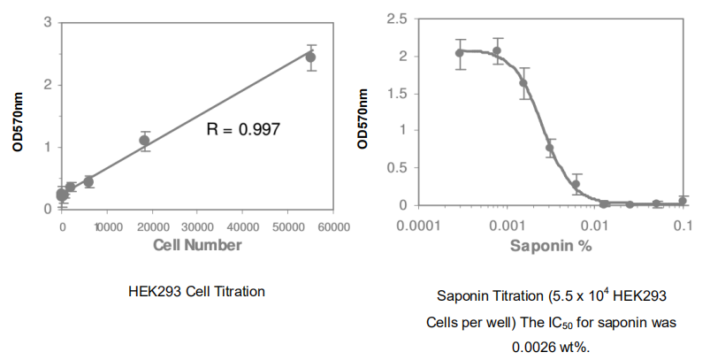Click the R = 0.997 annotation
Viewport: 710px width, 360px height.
[x=243, y=129]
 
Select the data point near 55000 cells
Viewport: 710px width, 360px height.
[x=310, y=57]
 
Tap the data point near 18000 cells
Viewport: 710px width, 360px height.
[x=144, y=140]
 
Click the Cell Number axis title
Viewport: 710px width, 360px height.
[x=197, y=245]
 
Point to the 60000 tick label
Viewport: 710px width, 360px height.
[x=333, y=227]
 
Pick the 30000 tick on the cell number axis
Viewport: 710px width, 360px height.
[x=197, y=227]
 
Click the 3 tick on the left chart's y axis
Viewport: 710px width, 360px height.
[x=46, y=21]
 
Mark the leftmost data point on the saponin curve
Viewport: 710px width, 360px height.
[x=460, y=53]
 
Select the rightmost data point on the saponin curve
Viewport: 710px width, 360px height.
[x=683, y=201]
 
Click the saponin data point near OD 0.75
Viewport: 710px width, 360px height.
[x=549, y=149]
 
